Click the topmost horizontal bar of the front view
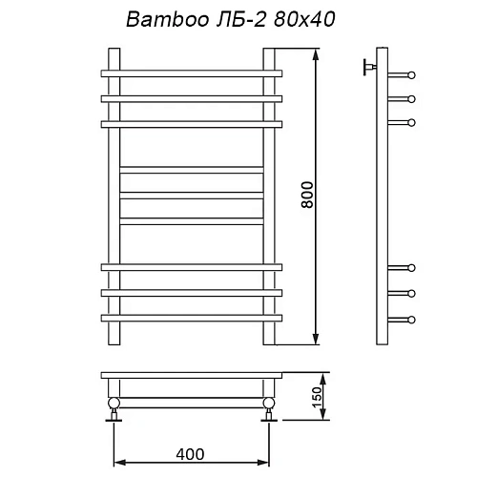tap(191, 73)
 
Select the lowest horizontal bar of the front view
tap(191, 316)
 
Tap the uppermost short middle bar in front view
tap(191, 171)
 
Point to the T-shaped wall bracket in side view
tap(366, 67)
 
